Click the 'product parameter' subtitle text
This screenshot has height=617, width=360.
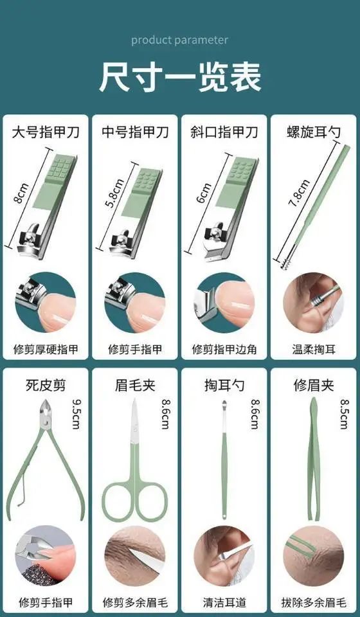tap(180, 40)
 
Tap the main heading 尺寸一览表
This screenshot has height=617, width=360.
tap(180, 78)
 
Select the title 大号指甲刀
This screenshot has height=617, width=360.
tap(46, 132)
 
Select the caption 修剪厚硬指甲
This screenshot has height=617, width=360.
tap(46, 349)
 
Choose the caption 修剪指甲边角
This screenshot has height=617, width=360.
tap(224, 349)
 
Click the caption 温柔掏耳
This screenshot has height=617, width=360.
tap(314, 349)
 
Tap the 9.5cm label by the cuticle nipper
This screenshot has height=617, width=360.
tap(76, 414)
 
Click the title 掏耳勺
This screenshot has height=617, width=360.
tap(224, 385)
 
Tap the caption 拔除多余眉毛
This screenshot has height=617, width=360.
tap(314, 602)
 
